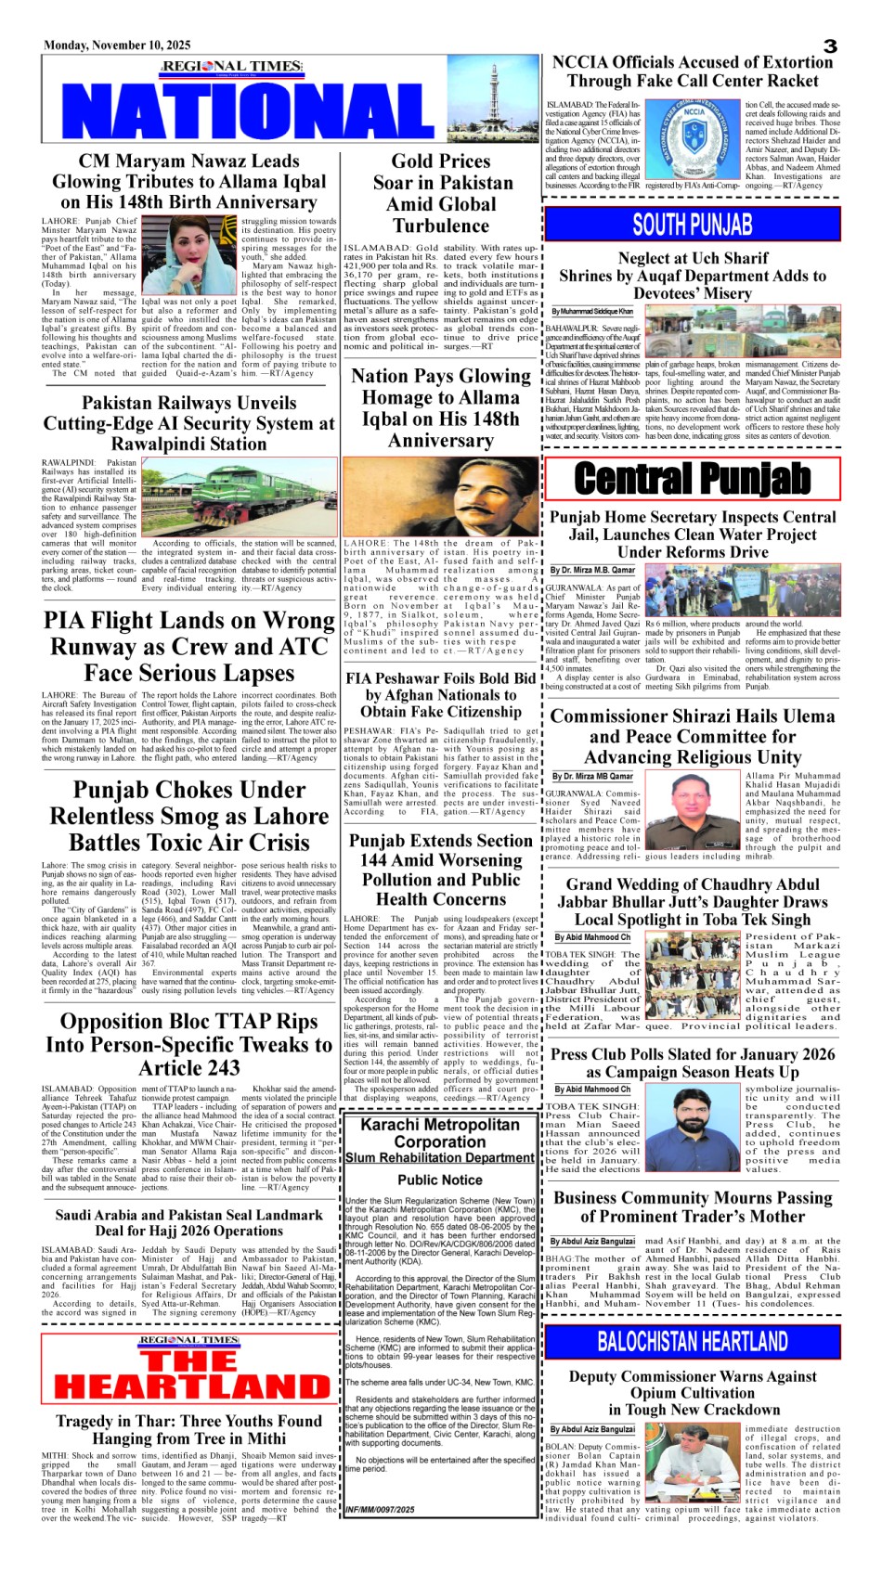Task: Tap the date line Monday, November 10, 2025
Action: coord(117,45)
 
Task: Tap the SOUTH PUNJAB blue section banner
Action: coord(693,225)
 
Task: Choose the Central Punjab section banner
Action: coord(693,479)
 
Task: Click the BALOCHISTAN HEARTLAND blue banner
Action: coord(693,1341)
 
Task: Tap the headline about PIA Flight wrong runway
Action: coord(188,646)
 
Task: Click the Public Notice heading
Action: coord(440,1180)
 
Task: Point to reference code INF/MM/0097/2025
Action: coord(380,1510)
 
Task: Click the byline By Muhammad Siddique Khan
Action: coord(592,312)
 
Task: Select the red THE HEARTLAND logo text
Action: coord(188,1374)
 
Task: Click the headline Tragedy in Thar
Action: coord(188,1429)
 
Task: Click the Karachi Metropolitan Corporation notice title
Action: coord(440,1133)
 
